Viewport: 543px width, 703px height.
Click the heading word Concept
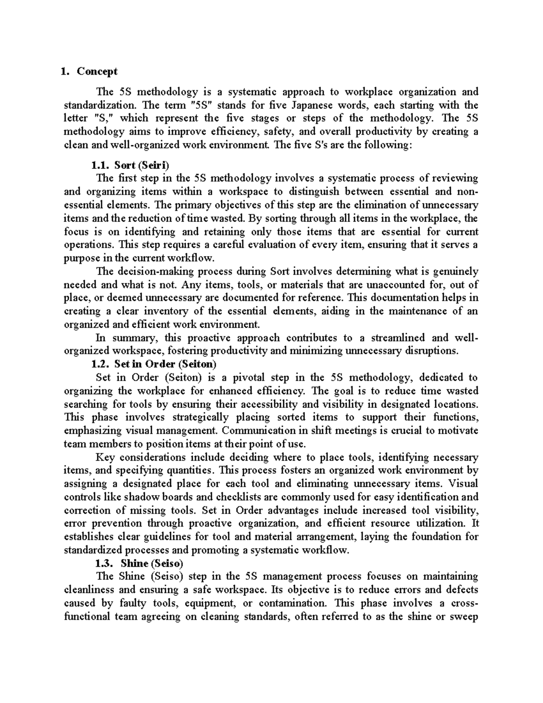[x=97, y=72]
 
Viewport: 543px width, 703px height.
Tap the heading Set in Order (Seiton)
[x=166, y=364]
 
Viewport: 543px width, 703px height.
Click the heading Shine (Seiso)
[x=152, y=563]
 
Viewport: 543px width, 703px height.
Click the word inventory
[x=167, y=311]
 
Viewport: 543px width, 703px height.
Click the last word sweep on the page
[x=463, y=617]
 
